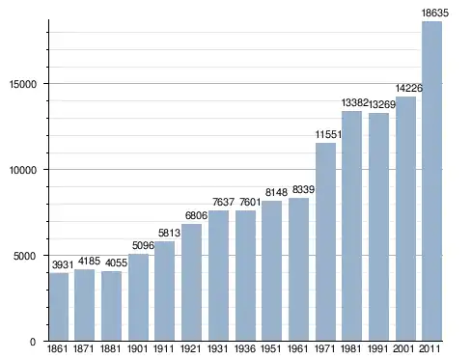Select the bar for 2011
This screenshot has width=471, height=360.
click(x=431, y=181)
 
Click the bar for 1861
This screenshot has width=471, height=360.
click(x=59, y=307)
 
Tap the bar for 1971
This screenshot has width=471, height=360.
click(x=325, y=242)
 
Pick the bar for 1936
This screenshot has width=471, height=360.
click(x=245, y=276)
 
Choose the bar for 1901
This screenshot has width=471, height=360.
click(x=138, y=297)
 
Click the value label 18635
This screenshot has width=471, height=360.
click(x=434, y=13)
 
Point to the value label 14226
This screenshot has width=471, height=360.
click(x=409, y=88)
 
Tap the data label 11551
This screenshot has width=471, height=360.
click(x=328, y=134)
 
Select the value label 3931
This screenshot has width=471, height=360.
click(x=63, y=264)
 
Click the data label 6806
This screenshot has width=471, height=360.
click(x=196, y=215)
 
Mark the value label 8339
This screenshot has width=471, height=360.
click(x=303, y=189)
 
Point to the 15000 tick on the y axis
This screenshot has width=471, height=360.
click(x=23, y=84)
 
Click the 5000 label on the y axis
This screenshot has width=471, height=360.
click(x=25, y=256)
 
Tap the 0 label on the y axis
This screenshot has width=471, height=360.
click(x=33, y=342)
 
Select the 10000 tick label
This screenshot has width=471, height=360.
click(x=23, y=170)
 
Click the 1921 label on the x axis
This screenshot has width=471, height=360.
click(x=191, y=348)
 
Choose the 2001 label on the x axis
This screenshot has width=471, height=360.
click(x=403, y=348)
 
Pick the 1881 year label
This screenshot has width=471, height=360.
click(x=110, y=348)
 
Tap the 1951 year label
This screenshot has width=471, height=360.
click(x=271, y=348)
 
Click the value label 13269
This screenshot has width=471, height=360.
click(x=382, y=104)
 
